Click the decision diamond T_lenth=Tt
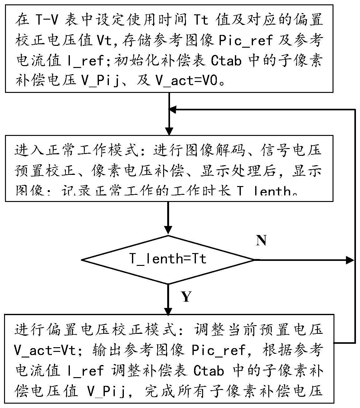(x=168, y=259)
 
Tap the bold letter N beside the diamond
(x=261, y=240)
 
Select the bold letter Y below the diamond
(x=186, y=297)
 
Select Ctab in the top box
(x=226, y=61)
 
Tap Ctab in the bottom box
(x=209, y=371)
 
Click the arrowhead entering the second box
(x=169, y=131)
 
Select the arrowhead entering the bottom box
(x=168, y=311)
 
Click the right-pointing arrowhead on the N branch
(x=349, y=260)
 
